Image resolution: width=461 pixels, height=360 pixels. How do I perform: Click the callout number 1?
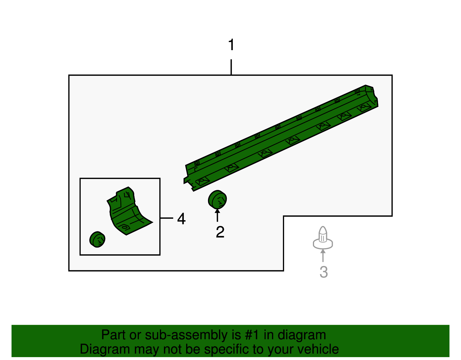231,45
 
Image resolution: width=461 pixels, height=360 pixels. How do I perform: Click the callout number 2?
220,232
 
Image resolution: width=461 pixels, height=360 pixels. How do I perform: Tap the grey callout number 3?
324,272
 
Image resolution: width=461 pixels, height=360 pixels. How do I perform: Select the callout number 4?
182,218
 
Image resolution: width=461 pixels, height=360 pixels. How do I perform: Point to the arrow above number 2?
217,215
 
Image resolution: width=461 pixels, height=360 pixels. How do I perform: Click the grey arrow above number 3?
323,256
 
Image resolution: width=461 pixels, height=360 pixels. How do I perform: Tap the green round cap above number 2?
218,199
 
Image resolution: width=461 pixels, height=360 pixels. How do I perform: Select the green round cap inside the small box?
97,239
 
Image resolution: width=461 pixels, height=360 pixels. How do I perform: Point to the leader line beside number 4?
167,218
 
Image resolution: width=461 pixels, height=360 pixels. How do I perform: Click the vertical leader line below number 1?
231,67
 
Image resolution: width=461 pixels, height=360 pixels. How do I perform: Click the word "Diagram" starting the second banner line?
105,349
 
